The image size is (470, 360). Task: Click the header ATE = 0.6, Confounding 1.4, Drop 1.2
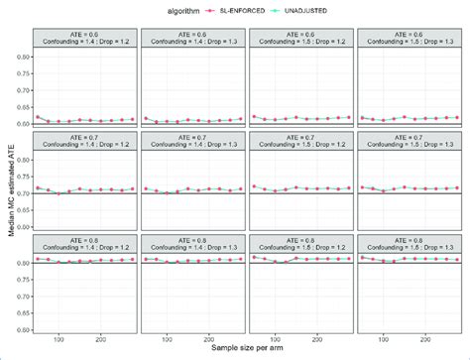coord(84,39)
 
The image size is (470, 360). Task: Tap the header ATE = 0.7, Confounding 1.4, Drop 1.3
coord(192,141)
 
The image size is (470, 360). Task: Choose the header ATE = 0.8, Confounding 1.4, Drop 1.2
coord(84,243)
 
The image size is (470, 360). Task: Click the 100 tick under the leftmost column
coord(59,338)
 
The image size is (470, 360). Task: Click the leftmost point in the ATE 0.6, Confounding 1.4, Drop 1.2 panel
coord(37,117)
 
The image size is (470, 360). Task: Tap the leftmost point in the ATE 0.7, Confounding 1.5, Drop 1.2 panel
coord(254,185)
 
